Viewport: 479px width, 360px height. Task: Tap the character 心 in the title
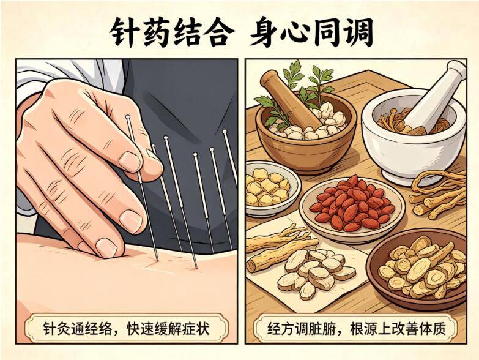[x=283, y=32]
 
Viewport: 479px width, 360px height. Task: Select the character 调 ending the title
[x=358, y=32]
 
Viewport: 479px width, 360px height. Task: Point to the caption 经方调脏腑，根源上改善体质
[x=357, y=329]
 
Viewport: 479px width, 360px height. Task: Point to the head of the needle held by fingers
[x=128, y=116]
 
